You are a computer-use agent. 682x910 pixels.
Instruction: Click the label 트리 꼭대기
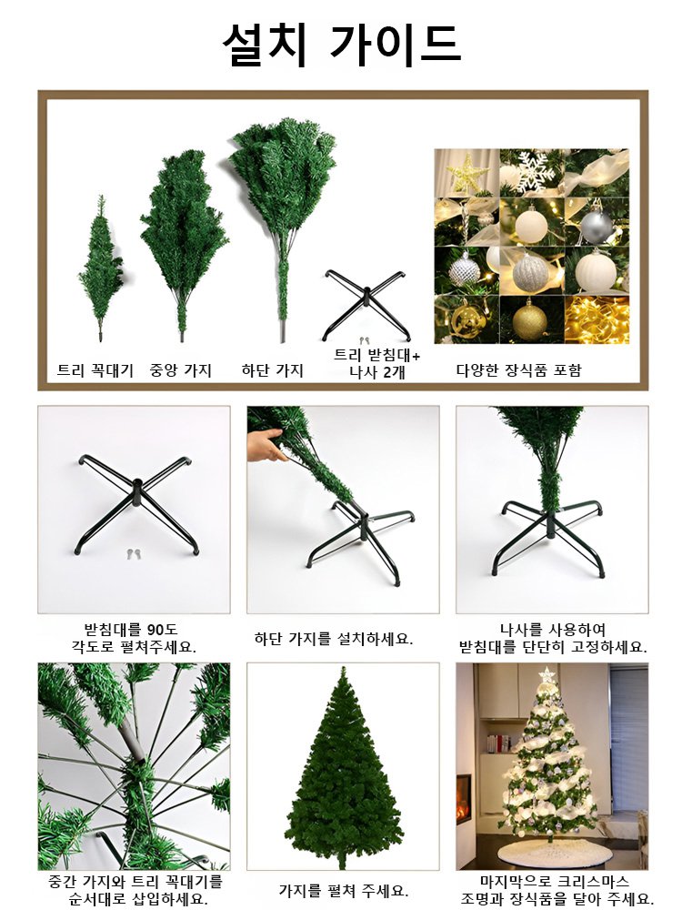[x=95, y=370]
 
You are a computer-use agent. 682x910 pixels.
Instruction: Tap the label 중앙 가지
[x=180, y=370]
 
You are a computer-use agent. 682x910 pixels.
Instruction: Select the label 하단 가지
[x=272, y=370]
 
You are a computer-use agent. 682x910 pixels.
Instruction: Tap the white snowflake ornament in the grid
[x=530, y=173]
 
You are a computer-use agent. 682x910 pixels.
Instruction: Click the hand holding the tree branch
[x=266, y=445]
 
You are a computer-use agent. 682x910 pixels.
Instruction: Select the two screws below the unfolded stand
[x=135, y=553]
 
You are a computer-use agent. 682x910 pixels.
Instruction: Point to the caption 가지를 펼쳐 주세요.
[x=343, y=890]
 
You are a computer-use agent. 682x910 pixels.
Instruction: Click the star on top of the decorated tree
[x=547, y=675]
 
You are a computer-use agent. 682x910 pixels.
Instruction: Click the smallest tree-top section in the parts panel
[x=100, y=264]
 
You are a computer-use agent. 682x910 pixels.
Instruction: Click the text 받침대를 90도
[x=135, y=629]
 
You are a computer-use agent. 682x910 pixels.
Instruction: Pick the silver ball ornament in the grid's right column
[x=597, y=222]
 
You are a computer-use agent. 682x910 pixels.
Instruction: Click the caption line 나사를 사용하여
[x=553, y=629]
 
